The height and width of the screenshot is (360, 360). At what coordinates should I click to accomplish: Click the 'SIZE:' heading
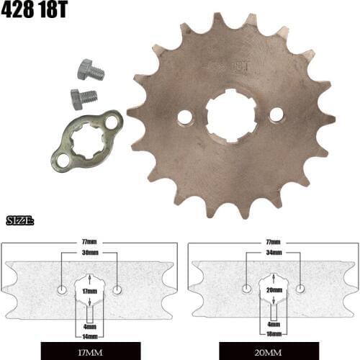pyautogui.click(x=20, y=220)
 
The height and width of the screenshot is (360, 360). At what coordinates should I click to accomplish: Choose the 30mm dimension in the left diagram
pyautogui.click(x=89, y=253)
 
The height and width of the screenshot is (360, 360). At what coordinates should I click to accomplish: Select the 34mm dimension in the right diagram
pyautogui.click(x=273, y=253)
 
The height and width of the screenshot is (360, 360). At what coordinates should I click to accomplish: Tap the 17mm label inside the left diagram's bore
pyautogui.click(x=89, y=291)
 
